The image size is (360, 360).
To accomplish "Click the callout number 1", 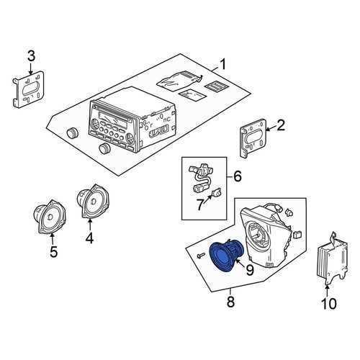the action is [x=223, y=65].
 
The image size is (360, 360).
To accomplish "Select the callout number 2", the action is [x=281, y=125].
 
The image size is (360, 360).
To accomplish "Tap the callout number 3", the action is [x=31, y=56].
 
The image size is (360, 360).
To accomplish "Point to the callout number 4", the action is [x=89, y=238].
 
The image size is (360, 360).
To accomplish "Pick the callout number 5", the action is [x=53, y=252].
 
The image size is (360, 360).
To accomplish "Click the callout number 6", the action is [x=238, y=176].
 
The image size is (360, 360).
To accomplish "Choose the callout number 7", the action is [x=200, y=204].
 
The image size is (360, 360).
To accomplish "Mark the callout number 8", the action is [x=230, y=302].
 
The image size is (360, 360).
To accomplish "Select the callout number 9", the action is [x=250, y=271].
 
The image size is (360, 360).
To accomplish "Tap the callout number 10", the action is [x=329, y=304].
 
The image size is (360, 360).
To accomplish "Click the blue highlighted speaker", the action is [x=227, y=255].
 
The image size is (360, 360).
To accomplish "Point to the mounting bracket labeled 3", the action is [x=28, y=89].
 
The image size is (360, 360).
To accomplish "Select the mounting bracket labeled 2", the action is [x=253, y=138].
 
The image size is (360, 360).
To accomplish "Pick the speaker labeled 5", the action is [x=50, y=217].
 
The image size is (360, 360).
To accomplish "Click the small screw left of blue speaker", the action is [x=201, y=255].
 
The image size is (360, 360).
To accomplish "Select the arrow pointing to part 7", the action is [x=207, y=199].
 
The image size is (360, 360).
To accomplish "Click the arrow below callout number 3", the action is [x=31, y=68].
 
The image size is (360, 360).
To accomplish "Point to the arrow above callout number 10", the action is [x=327, y=291].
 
